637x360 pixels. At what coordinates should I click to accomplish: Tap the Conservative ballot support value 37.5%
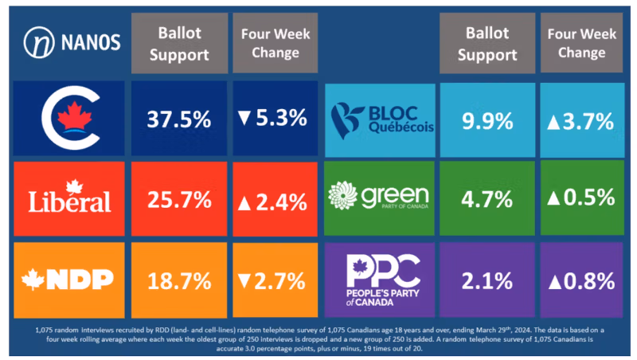[x=179, y=119]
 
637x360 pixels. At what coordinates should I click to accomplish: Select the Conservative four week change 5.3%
[x=272, y=119]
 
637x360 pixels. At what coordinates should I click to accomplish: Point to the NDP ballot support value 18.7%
[x=179, y=280]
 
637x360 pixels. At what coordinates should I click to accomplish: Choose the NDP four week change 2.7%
[x=272, y=280]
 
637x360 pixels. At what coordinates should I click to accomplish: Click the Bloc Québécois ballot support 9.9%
[x=487, y=121]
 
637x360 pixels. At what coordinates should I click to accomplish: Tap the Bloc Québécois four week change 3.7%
[x=579, y=121]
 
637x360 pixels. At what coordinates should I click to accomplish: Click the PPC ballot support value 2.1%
[x=487, y=280]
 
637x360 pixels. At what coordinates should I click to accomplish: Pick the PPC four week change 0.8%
[x=579, y=280]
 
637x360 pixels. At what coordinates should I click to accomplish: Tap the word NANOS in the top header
[x=88, y=42]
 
